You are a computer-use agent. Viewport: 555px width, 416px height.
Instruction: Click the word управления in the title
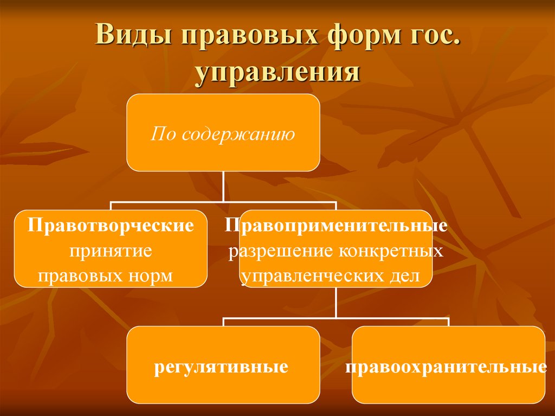point(277,72)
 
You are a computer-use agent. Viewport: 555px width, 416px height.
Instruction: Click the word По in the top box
point(163,133)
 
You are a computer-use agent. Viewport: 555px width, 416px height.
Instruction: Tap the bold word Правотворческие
point(111,226)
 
